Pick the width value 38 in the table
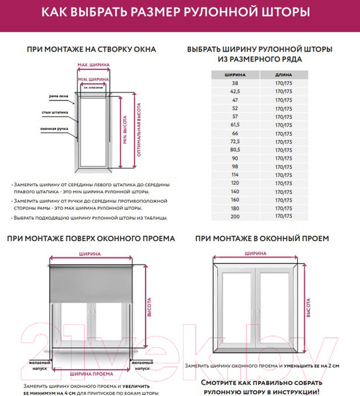234,84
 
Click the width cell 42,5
234,92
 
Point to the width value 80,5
234,150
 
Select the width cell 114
234,174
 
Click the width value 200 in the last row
234,216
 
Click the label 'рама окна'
58,96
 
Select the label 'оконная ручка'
55,128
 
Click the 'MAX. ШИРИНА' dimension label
92,65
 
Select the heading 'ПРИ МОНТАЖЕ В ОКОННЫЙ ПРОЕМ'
262,238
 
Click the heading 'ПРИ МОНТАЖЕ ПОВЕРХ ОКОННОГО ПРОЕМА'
90,238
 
